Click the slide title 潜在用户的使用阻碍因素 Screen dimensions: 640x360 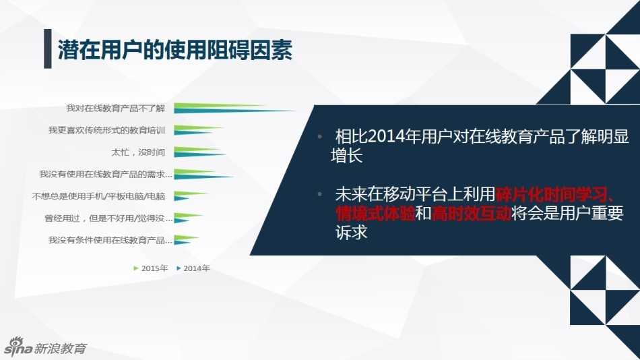pyautogui.click(x=175, y=50)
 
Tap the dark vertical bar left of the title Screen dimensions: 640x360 pyautogui.click(x=48, y=49)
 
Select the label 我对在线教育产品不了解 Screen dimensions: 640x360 pyautogui.click(x=115, y=109)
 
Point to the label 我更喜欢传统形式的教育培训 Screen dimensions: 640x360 pyautogui.click(x=106, y=130)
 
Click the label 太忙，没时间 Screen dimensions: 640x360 pyautogui.click(x=138, y=152)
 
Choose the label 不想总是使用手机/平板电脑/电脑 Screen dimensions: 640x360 pyautogui.click(x=98, y=196)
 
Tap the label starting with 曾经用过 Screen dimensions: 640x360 pyautogui.click(x=108, y=218)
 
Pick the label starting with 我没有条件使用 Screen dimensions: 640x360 pyautogui.click(x=110, y=240)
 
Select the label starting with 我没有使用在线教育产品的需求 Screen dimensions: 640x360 pyautogui.click(x=106, y=175)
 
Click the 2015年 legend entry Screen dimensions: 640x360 pyautogui.click(x=151, y=268)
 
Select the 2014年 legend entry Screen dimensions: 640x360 pyautogui.click(x=193, y=268)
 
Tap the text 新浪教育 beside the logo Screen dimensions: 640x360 pyautogui.click(x=61, y=348)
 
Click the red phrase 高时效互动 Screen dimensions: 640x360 pyautogui.click(x=471, y=214)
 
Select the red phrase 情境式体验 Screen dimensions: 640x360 pyautogui.click(x=375, y=214)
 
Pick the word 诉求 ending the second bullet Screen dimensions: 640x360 pyautogui.click(x=352, y=232)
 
